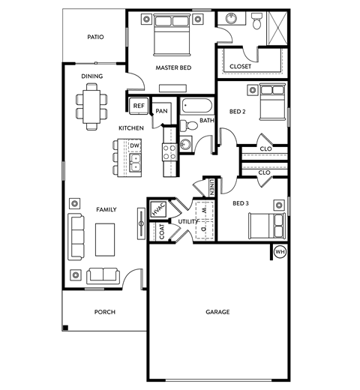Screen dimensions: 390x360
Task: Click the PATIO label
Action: click(94, 36)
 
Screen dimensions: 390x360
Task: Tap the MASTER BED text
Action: click(173, 67)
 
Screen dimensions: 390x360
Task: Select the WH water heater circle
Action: click(280, 251)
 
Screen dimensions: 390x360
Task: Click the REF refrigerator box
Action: click(139, 106)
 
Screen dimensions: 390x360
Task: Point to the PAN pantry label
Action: click(162, 112)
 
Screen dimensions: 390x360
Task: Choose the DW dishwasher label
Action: click(135, 145)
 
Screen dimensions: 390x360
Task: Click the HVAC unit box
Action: click(158, 211)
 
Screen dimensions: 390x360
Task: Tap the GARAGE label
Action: click(217, 311)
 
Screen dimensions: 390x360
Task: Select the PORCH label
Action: click(104, 311)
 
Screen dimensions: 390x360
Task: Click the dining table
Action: click(91, 105)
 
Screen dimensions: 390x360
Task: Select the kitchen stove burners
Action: click(169, 148)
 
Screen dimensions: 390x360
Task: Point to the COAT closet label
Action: click(162, 232)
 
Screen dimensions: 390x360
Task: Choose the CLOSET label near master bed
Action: click(240, 66)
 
